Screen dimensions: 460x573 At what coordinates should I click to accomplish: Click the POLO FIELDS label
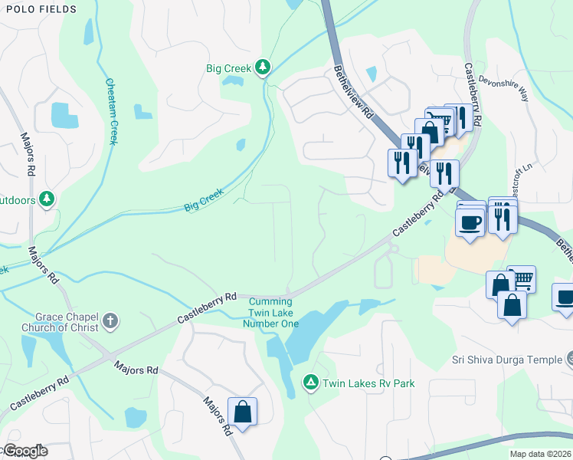(38, 9)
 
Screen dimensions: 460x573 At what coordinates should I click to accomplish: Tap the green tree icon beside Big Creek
(263, 68)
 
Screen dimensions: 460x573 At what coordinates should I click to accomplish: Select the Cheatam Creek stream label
(112, 111)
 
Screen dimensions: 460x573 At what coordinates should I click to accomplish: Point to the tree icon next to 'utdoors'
(47, 199)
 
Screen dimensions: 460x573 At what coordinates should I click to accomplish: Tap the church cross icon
(110, 320)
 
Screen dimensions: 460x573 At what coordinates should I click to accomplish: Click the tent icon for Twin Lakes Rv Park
(310, 382)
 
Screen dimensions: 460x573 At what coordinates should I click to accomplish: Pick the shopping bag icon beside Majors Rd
(242, 412)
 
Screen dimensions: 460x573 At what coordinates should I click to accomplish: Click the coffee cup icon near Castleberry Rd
(470, 222)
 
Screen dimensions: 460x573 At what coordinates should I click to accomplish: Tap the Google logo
(25, 451)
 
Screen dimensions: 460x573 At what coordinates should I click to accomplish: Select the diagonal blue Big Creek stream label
(203, 200)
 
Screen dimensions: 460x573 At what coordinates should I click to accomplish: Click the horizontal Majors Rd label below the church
(136, 370)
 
